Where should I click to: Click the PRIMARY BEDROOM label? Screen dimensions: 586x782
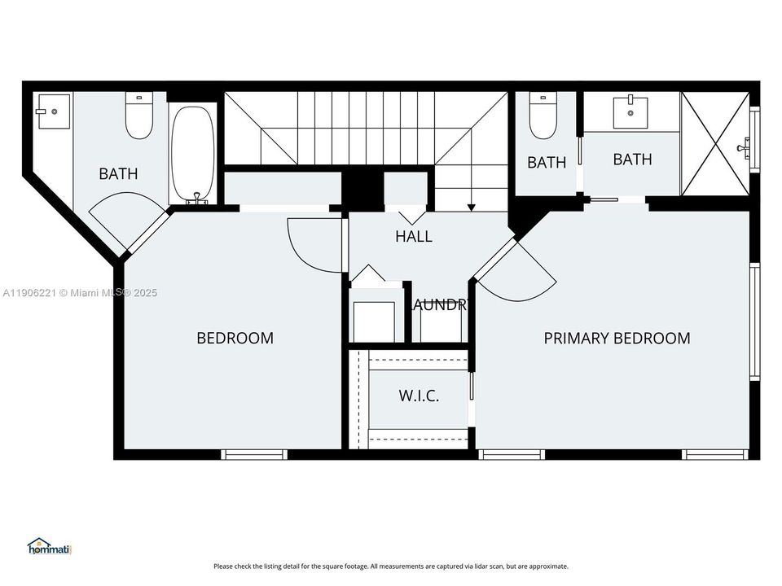pos(617,338)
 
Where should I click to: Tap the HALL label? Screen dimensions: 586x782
pos(413,237)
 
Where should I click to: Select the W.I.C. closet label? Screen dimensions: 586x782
pos(419,396)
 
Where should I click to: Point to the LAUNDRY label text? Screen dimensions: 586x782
pos(440,305)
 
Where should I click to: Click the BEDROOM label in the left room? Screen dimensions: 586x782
pos(235,338)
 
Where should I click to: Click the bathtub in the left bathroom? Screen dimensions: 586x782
pos(193,155)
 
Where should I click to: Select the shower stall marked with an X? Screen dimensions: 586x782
pos(714,144)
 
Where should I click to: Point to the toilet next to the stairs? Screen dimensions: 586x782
pos(542,116)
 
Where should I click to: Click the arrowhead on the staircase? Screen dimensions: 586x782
pos(471,208)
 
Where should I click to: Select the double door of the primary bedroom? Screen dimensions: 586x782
pos(515,269)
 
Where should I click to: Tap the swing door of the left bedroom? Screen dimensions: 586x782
pos(314,244)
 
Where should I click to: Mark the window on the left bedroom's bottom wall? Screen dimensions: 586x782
pos(254,454)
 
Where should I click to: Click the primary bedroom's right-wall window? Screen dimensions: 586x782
pos(754,322)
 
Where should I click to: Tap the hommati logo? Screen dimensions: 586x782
pos(50,546)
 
